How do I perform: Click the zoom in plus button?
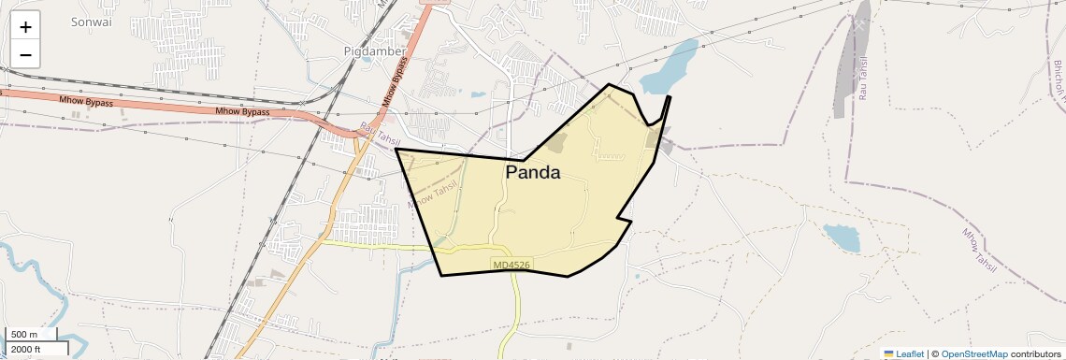coord(25,27)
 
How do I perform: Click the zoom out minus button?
coord(25,54)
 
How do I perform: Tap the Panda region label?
coord(532,173)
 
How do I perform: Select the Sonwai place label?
coord(91,22)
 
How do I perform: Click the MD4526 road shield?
coord(511,266)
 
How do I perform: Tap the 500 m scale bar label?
coord(25,335)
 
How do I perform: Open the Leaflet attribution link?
coord(903,353)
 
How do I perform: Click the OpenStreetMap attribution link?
coord(974,353)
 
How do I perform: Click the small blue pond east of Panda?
coord(841,238)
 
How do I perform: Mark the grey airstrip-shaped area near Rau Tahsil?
coord(850,61)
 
